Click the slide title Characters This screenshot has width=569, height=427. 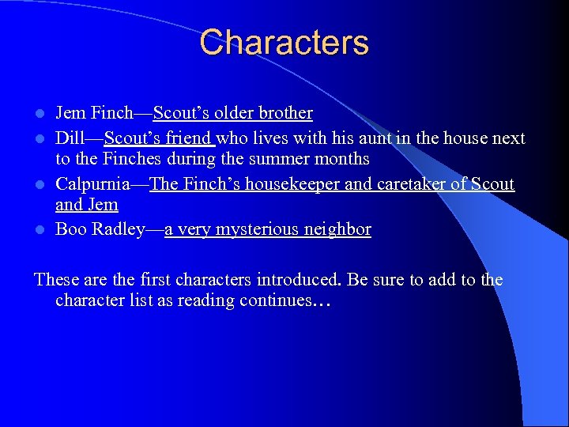tap(284, 42)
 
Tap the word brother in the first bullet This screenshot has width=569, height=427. tap(286, 113)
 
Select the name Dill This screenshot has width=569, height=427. tap(68, 138)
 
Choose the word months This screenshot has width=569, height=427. tap(340, 159)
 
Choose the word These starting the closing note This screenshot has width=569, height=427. tap(55, 280)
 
